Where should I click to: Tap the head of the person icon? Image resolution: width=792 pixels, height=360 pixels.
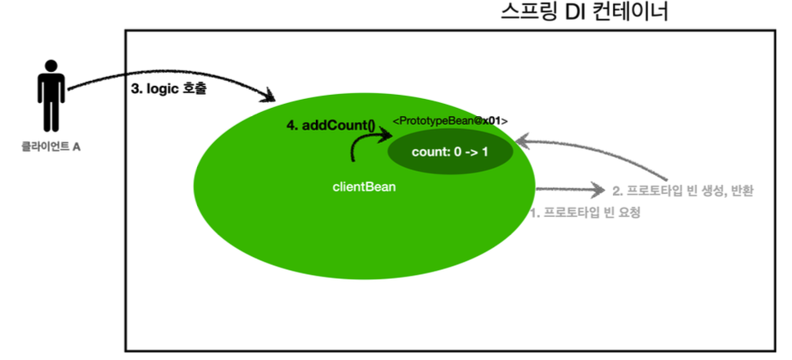[51, 66]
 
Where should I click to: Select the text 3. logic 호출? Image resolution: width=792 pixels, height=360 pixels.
[169, 89]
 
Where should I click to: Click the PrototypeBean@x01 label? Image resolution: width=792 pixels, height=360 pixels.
[450, 121]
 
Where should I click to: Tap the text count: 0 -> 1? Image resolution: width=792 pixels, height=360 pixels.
[450, 151]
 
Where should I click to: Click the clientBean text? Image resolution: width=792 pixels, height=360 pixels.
[364, 187]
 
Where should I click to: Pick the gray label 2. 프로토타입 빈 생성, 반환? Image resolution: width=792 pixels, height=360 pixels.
[683, 191]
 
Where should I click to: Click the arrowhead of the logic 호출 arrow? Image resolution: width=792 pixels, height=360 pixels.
[270, 96]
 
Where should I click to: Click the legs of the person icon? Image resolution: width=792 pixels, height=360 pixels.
[51, 115]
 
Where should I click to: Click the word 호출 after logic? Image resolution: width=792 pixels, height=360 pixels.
[194, 89]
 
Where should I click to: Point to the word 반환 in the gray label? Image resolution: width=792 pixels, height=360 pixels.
[739, 191]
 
